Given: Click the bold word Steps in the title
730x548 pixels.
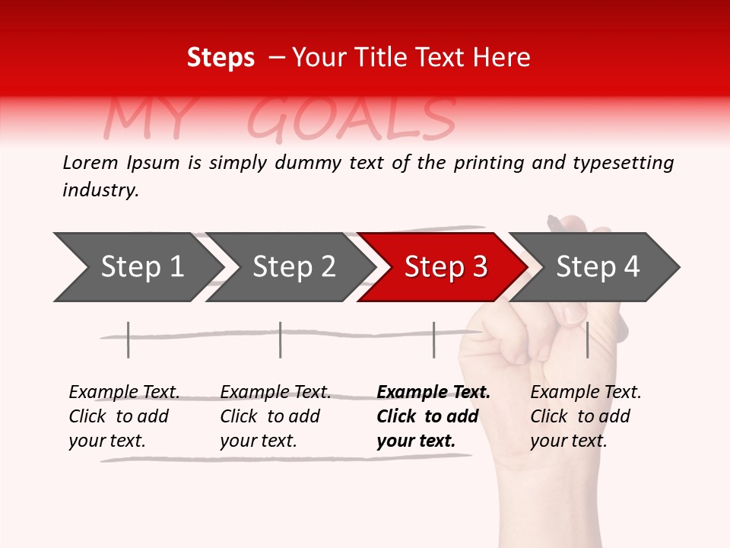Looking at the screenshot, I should [221, 58].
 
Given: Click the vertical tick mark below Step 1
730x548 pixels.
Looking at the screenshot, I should [129, 339].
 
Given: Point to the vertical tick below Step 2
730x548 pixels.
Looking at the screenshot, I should [281, 339].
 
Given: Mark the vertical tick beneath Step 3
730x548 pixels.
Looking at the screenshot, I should [433, 339].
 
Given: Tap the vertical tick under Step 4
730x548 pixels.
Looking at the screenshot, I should [587, 339].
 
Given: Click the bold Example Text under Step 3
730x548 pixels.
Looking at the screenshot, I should [433, 416].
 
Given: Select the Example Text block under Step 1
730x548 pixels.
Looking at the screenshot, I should [124, 416].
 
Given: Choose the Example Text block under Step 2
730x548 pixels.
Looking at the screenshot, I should [275, 416].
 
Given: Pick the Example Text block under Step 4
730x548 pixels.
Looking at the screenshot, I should [586, 416].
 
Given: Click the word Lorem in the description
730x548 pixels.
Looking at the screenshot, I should [90, 162].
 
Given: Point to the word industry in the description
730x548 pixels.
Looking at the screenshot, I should [100, 190].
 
